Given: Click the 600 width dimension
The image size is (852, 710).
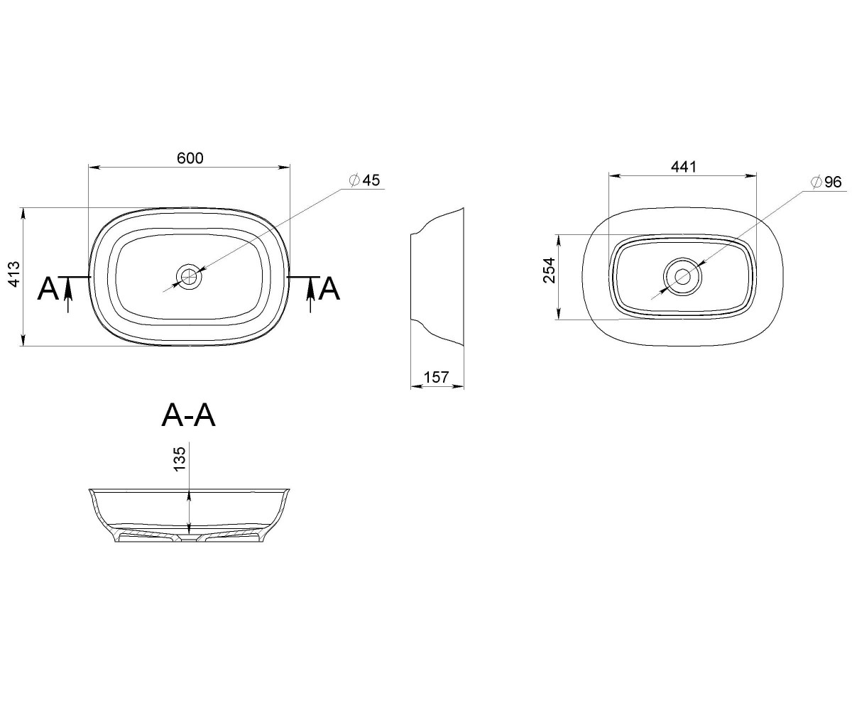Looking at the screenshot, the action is pyautogui.click(x=190, y=158).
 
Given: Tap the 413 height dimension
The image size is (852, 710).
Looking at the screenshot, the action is pyautogui.click(x=14, y=274).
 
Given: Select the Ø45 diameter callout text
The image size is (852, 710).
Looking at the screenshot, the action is pyautogui.click(x=364, y=180).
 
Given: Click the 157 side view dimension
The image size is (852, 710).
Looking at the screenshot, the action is pyautogui.click(x=436, y=377).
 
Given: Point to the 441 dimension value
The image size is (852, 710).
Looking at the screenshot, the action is pyautogui.click(x=684, y=167).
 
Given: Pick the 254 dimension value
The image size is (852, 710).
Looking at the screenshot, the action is pyautogui.click(x=550, y=270).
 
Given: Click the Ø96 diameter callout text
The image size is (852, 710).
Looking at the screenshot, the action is pyautogui.click(x=826, y=182).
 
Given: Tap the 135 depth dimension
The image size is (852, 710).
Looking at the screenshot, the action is pyautogui.click(x=180, y=459).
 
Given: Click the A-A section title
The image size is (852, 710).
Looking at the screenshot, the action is pyautogui.click(x=188, y=416).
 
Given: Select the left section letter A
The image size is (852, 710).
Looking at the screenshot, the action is pyautogui.click(x=48, y=289).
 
